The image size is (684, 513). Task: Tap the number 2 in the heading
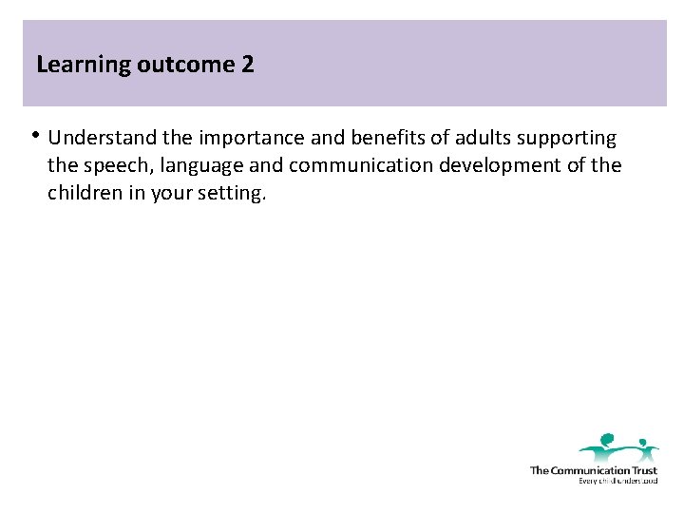point(248,66)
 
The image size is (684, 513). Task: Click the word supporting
point(573,139)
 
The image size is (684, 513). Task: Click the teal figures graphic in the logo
point(618,446)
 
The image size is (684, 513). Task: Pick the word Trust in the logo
point(641,470)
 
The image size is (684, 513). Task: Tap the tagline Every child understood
point(617,481)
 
